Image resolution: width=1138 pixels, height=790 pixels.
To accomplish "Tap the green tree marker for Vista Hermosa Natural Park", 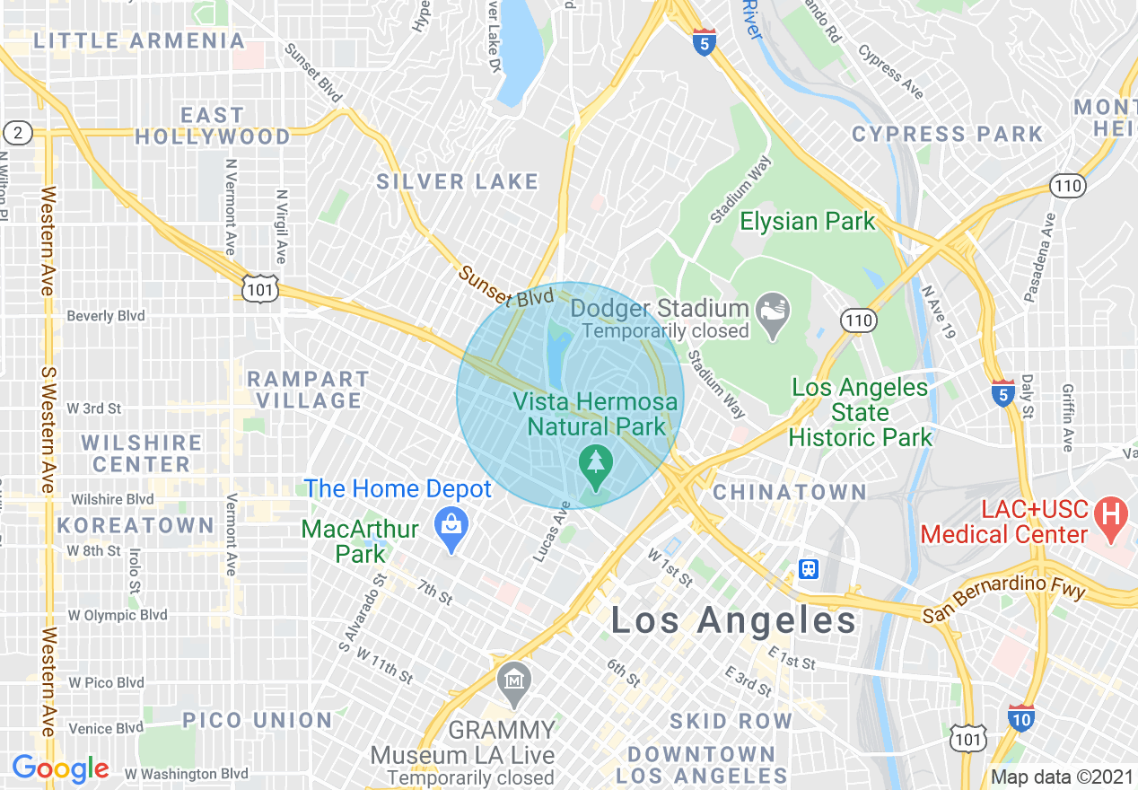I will pyautogui.click(x=594, y=462).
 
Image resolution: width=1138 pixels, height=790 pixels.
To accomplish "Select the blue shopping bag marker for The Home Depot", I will pyautogui.click(x=451, y=523).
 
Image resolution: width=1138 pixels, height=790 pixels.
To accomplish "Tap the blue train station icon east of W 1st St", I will pyautogui.click(x=809, y=568).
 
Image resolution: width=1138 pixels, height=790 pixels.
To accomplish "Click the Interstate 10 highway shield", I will pyautogui.click(x=1020, y=718).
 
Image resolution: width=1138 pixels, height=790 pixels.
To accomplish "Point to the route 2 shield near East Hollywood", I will pyautogui.click(x=18, y=134).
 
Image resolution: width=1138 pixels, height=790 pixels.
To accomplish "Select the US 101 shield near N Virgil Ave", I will pyautogui.click(x=256, y=287).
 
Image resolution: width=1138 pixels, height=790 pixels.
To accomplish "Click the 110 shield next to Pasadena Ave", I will pyautogui.click(x=1068, y=186).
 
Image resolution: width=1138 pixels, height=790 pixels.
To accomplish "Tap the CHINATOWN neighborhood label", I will pyautogui.click(x=789, y=492).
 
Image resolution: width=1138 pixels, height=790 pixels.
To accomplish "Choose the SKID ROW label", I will pyautogui.click(x=731, y=721).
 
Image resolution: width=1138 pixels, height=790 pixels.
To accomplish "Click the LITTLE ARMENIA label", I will pyautogui.click(x=139, y=41).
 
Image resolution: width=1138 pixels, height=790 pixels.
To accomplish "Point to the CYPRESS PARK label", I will pyautogui.click(x=947, y=135).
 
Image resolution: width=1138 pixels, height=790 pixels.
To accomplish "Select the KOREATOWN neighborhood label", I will pyautogui.click(x=136, y=524).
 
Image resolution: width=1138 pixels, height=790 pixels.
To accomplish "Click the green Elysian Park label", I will pyautogui.click(x=807, y=222).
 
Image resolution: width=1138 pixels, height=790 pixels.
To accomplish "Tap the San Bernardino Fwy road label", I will pyautogui.click(x=1005, y=601).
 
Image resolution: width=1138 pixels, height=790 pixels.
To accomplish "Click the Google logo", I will pyautogui.click(x=60, y=768).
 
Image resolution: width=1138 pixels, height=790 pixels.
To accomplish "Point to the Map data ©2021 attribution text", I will pyautogui.click(x=1062, y=776).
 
